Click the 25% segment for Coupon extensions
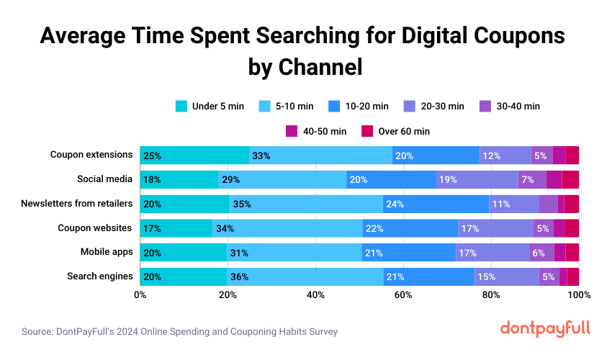click(194, 155)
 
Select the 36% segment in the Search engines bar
click(305, 276)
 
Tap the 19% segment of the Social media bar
click(477, 179)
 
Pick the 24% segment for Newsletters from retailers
click(436, 204)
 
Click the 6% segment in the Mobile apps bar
click(541, 253)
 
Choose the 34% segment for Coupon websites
click(287, 228)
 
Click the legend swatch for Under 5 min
click(182, 106)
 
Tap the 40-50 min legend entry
click(317, 131)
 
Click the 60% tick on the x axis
click(403, 294)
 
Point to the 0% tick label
click(140, 294)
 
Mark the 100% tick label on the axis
click(578, 294)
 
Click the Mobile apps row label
click(106, 252)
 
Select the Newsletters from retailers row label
click(77, 203)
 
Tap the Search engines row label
click(99, 276)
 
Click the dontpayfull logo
click(544, 329)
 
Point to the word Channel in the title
click(316, 67)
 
